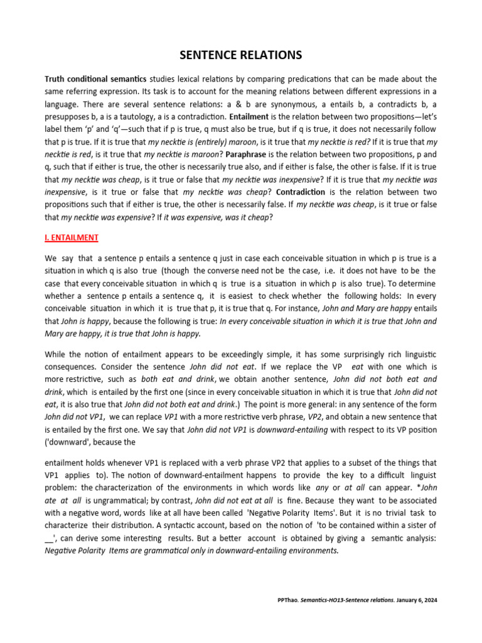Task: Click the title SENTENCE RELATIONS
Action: click(x=241, y=55)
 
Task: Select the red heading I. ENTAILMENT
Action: click(x=71, y=238)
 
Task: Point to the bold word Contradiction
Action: click(x=311, y=192)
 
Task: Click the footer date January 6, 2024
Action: click(x=417, y=600)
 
